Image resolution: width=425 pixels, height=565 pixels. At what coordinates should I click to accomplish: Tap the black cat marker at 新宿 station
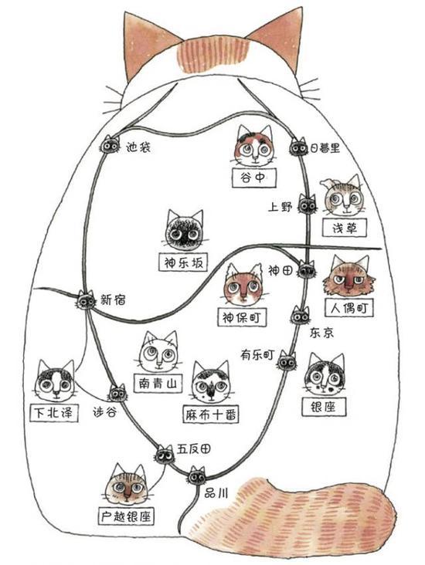click(x=86, y=300)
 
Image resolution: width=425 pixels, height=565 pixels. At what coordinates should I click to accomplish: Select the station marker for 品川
click(x=196, y=475)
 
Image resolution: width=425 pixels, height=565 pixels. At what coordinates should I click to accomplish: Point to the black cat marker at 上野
click(x=307, y=205)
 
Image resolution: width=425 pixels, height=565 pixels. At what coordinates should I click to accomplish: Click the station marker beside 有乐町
click(x=287, y=360)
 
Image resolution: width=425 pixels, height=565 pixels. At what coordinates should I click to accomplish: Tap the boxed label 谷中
click(x=254, y=178)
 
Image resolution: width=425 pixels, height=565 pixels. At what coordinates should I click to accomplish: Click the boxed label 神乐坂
click(x=184, y=262)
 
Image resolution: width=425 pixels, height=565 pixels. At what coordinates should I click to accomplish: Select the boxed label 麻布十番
click(x=211, y=414)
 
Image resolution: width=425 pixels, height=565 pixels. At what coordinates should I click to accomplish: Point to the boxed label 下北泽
click(x=54, y=412)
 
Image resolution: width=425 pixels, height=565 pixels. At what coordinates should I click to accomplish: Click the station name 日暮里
click(x=325, y=147)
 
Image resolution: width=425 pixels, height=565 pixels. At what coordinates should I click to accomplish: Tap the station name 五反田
click(x=194, y=448)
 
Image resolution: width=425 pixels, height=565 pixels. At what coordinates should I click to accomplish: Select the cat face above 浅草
click(x=344, y=196)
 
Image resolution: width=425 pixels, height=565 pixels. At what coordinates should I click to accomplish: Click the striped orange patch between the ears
click(x=212, y=54)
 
